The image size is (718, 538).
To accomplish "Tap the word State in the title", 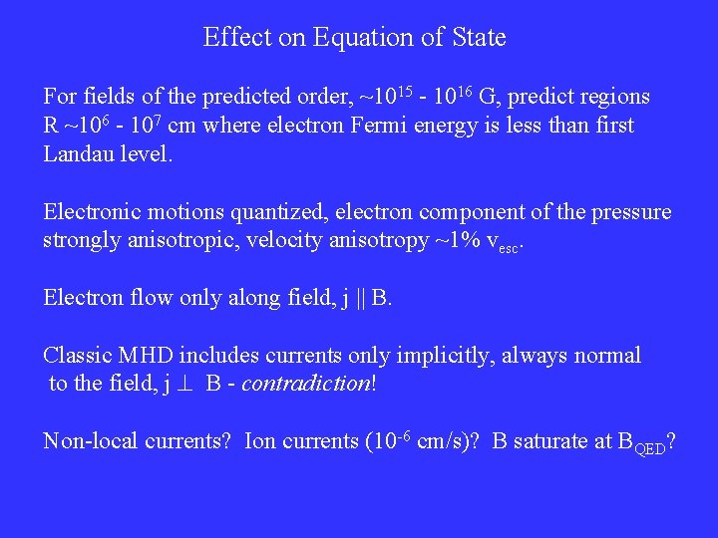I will click(x=475, y=38).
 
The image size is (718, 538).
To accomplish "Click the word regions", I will click(x=610, y=97).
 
